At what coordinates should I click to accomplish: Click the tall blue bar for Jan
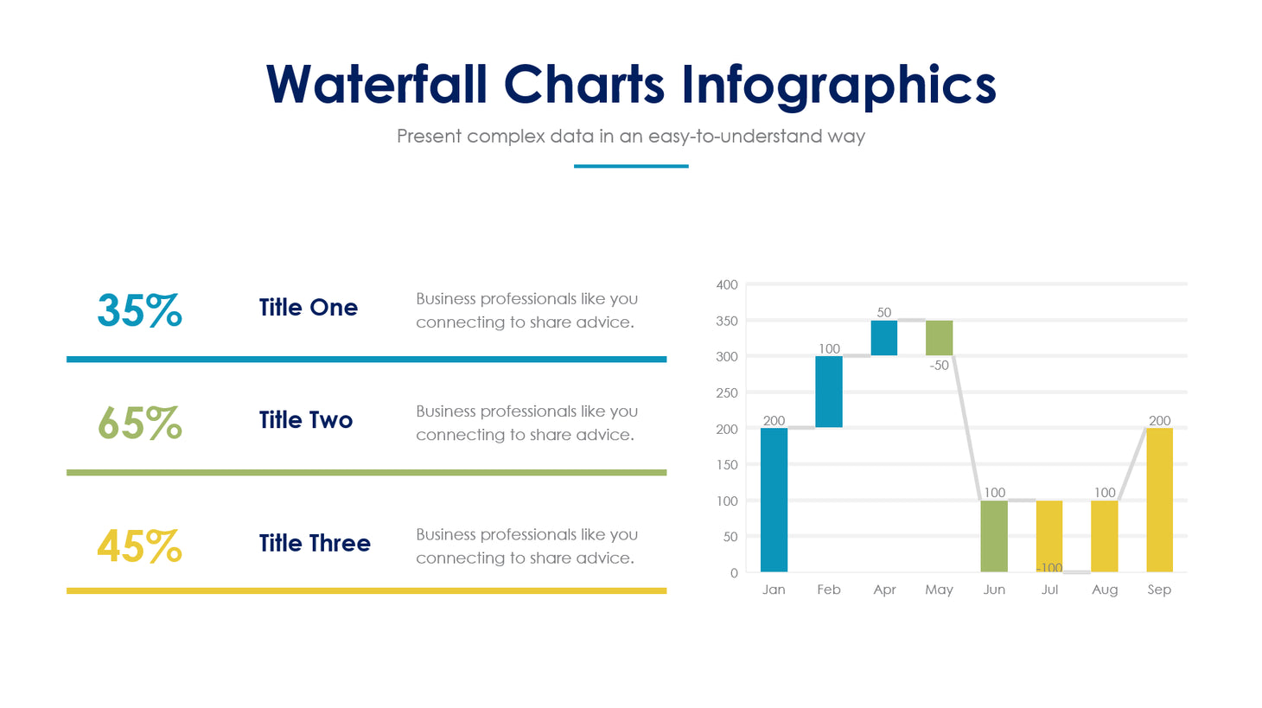774,500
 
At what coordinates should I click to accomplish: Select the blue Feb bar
829,392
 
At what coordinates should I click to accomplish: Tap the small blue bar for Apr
884,338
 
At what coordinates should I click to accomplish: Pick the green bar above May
939,338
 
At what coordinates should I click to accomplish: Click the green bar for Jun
994,536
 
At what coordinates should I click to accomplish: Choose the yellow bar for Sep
1159,500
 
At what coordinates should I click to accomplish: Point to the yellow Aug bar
1104,536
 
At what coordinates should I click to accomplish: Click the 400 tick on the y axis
727,284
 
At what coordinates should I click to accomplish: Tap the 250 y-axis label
727,392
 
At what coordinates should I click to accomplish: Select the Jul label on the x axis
1049,590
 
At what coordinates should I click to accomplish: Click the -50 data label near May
939,366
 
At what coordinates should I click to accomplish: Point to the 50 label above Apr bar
883,313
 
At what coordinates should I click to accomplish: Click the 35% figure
139,310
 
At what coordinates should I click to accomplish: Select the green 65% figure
139,424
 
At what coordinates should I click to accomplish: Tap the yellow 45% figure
139,546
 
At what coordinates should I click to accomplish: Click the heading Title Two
306,420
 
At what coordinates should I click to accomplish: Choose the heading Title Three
315,543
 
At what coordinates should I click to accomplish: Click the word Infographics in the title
838,86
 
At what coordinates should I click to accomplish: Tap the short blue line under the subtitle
631,166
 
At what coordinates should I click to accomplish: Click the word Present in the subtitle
428,137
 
